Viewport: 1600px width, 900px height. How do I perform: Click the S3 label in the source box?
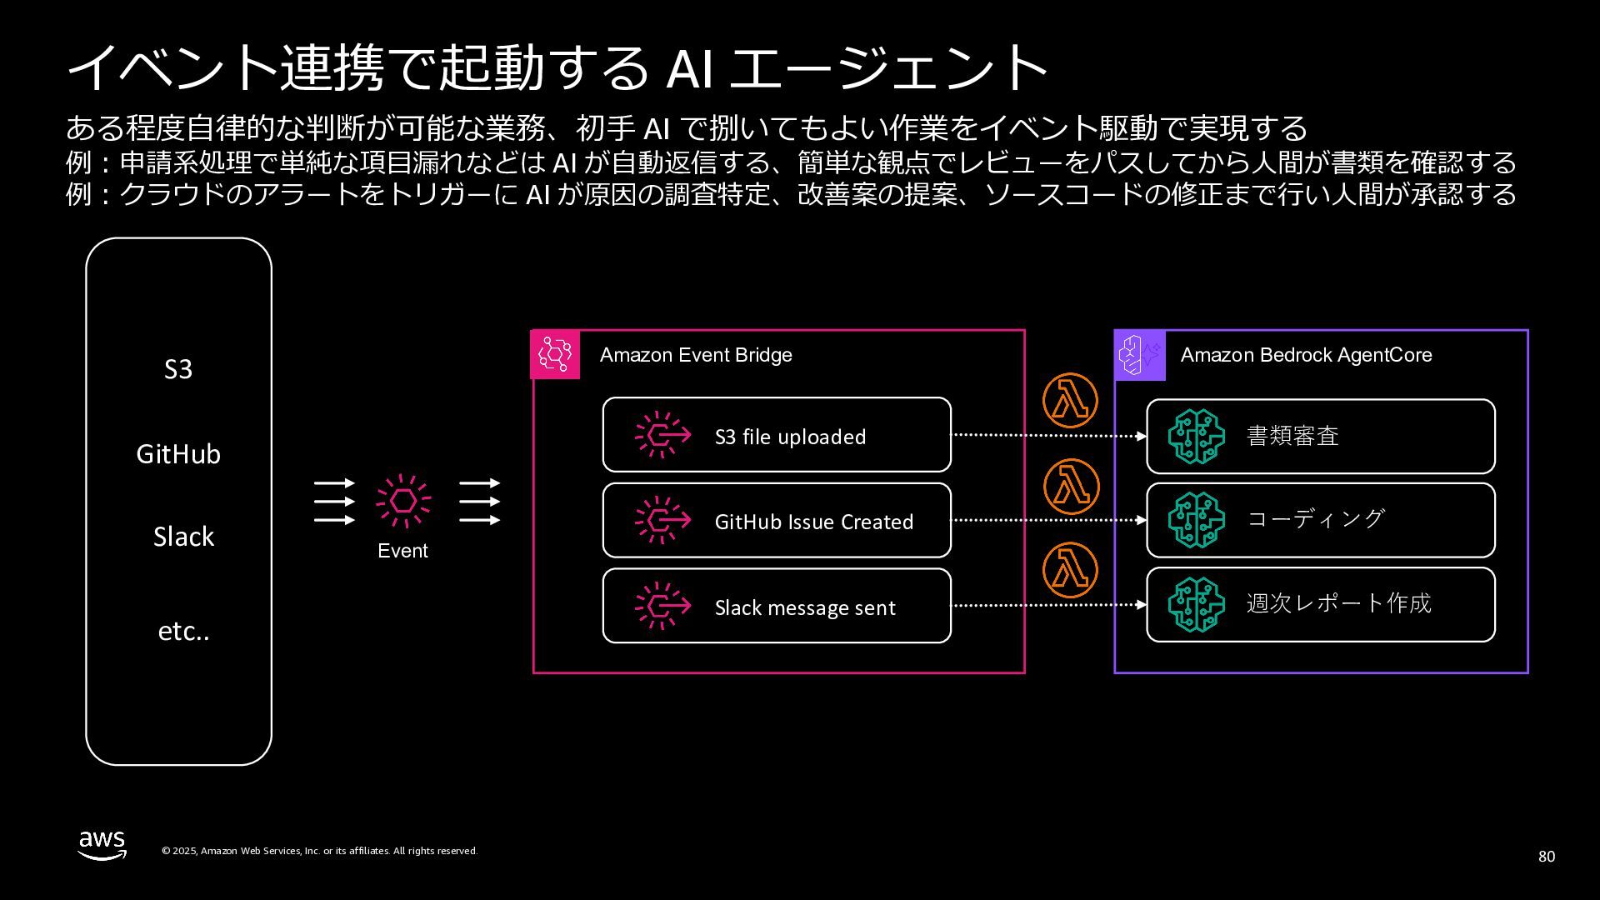coord(178,369)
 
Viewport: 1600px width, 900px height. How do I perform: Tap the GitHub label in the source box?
coord(178,454)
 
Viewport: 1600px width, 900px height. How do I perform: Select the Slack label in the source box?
coord(183,537)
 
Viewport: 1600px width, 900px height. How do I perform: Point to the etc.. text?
coord(183,632)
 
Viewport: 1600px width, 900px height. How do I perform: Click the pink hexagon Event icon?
coord(403,501)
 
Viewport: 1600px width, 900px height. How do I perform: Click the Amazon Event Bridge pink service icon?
coord(555,355)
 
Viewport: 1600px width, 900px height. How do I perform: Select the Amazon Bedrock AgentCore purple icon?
coord(1140,355)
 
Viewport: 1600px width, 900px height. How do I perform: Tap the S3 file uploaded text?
coord(790,437)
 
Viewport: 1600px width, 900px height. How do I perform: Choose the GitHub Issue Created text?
coord(814,522)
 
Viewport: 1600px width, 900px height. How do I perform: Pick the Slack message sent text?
coord(805,607)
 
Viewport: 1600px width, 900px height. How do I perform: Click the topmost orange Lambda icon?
coord(1070,401)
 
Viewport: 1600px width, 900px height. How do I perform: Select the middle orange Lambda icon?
coord(1070,486)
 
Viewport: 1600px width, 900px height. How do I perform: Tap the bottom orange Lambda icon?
coord(1070,570)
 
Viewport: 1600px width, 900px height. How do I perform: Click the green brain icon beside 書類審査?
coord(1196,436)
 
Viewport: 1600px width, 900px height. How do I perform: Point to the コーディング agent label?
coord(1315,518)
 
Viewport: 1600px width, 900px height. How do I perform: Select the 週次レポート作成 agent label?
coord(1338,603)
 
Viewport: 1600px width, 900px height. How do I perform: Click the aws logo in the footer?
coord(102,844)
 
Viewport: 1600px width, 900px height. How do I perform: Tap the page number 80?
coord(1546,857)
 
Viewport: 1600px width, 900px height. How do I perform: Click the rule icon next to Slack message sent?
coord(662,606)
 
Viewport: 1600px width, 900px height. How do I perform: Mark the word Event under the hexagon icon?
coord(402,551)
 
